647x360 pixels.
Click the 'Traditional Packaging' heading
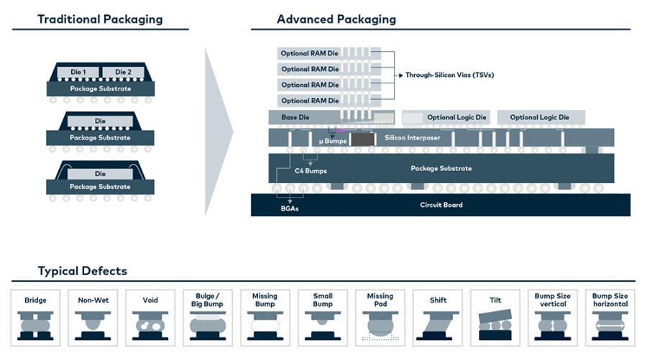[100, 19]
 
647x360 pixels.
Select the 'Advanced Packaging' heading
[336, 19]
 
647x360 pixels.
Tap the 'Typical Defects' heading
[83, 271]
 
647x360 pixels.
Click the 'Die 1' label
[78, 72]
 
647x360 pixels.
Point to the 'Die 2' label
[123, 72]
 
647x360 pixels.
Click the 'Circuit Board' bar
[441, 205]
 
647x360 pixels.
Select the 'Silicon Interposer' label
[412, 137]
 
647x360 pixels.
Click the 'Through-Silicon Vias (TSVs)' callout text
[449, 75]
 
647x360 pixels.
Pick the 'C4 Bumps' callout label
[311, 171]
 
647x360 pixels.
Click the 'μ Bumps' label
[332, 141]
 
